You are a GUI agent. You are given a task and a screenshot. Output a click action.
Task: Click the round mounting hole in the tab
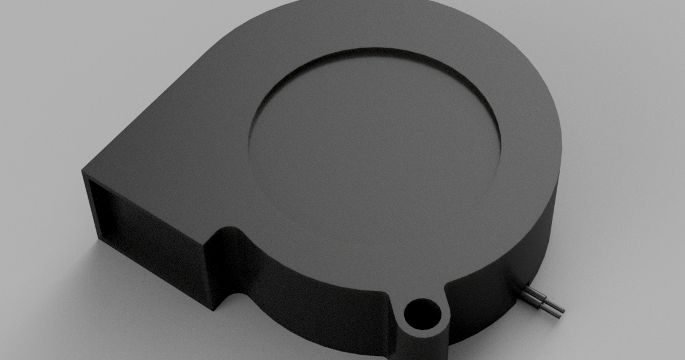[x=421, y=313]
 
